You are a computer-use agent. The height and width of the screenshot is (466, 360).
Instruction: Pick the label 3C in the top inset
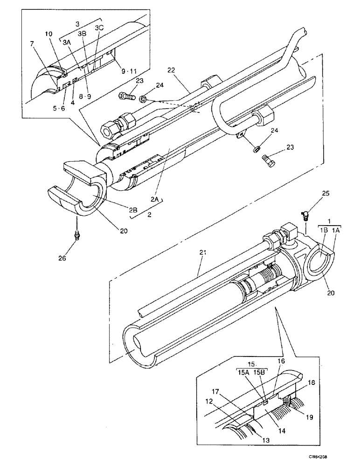pyautogui.click(x=99, y=28)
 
